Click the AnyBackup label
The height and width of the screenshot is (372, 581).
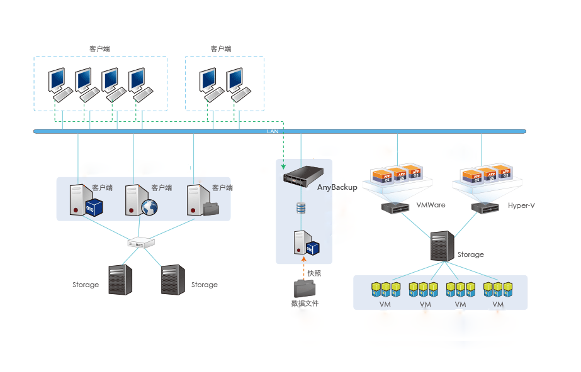(x=337, y=187)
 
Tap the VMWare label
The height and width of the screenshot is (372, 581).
(x=431, y=205)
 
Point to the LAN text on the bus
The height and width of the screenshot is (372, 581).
(x=273, y=131)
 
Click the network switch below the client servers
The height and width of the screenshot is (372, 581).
(x=137, y=243)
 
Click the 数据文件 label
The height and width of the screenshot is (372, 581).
(x=305, y=304)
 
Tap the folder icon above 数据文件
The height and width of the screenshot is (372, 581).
(x=304, y=288)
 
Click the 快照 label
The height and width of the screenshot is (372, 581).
(x=314, y=273)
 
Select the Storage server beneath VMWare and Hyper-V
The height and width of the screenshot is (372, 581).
(x=442, y=246)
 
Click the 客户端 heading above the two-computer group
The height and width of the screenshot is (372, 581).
(x=221, y=49)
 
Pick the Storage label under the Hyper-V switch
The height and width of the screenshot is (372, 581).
(x=471, y=254)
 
